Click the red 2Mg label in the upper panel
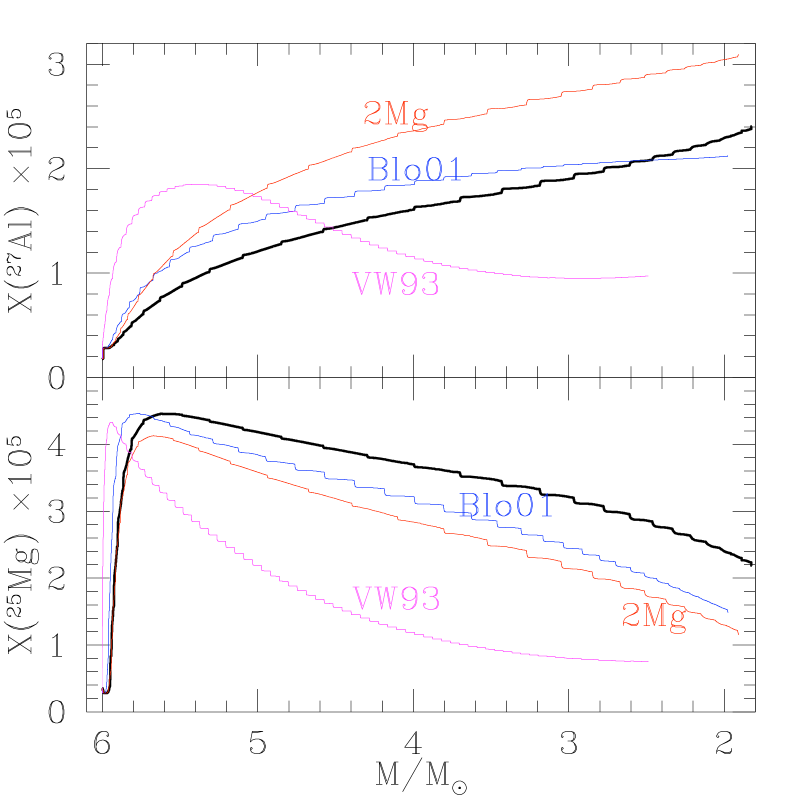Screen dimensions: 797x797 coord(395,115)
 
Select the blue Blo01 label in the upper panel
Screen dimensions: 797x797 coord(415,170)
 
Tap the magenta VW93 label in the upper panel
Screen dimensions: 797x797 coord(396,285)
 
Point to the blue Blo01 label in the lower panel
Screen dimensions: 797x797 coord(506,506)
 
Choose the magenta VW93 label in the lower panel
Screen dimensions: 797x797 coord(396,599)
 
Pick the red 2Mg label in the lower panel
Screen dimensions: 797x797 coord(654,615)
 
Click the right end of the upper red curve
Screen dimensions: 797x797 coord(738,56)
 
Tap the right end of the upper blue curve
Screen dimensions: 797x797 coord(727,156)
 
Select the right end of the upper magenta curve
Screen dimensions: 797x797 coord(649,275)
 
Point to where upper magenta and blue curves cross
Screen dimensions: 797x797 coord(290,210)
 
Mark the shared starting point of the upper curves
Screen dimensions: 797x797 coord(103,353)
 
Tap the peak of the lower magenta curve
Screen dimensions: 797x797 coord(110,423)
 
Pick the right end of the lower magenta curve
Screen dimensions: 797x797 coord(649,661)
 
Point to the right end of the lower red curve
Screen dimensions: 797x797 coord(738,633)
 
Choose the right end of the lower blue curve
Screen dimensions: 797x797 coord(727,610)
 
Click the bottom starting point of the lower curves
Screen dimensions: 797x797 coord(104,690)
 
